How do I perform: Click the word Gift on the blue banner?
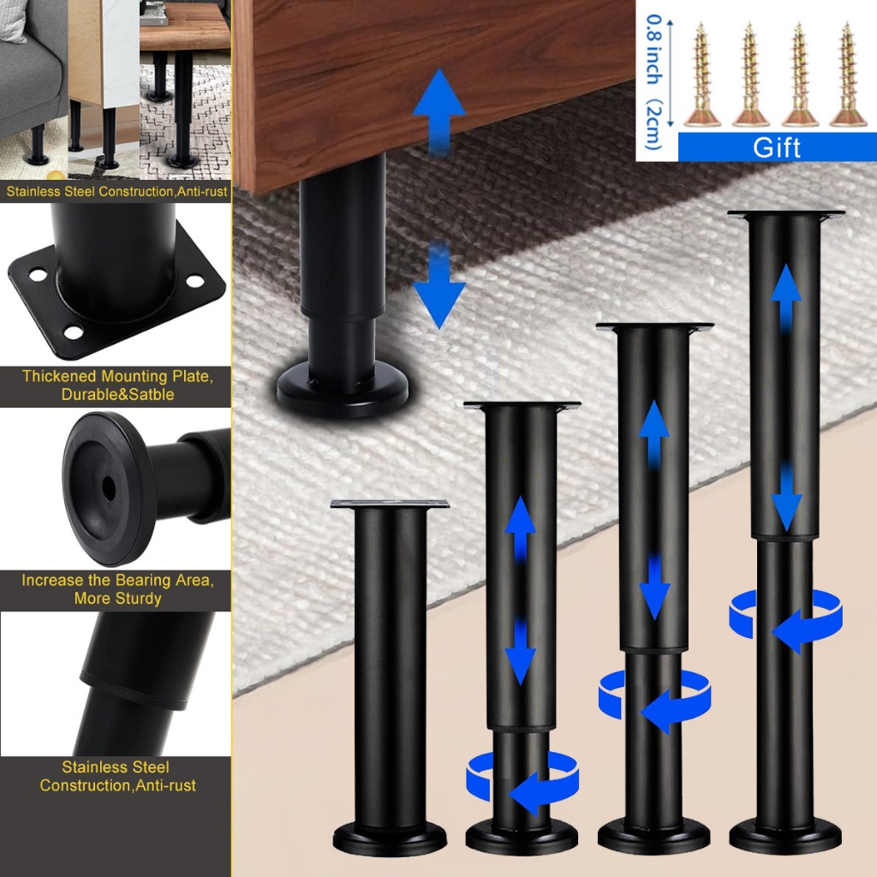[776, 146]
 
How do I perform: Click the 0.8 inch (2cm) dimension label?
[655, 81]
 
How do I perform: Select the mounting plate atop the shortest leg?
[390, 504]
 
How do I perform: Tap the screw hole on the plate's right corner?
[196, 281]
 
